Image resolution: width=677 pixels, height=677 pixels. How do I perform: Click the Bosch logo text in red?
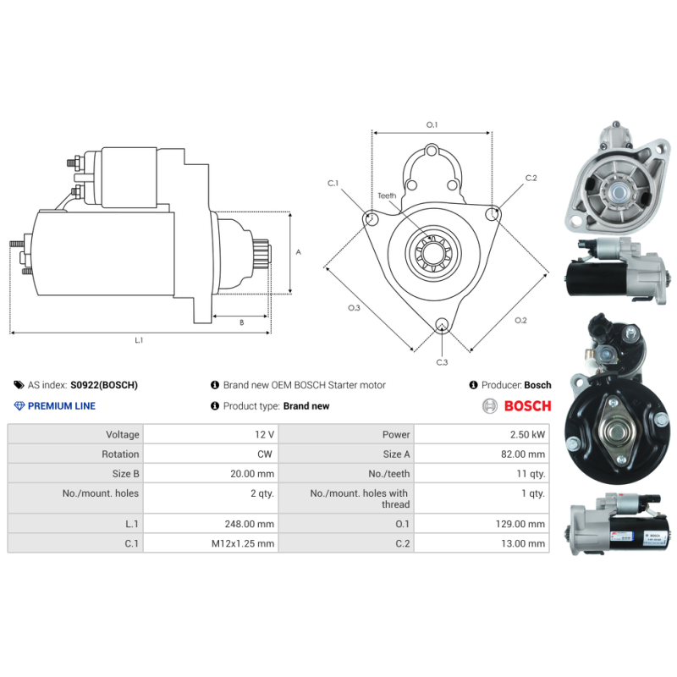click(527, 406)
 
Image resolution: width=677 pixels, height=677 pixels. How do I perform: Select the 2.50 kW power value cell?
click(526, 434)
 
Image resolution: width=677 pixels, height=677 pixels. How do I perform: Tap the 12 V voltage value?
click(264, 434)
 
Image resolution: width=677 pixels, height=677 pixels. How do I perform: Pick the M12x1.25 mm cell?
click(243, 544)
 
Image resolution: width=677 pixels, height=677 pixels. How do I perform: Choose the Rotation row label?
click(120, 454)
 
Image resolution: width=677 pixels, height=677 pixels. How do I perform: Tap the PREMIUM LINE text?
click(62, 406)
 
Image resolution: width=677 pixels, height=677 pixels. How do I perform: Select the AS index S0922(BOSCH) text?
click(103, 385)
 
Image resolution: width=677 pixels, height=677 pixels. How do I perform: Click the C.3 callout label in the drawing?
click(442, 363)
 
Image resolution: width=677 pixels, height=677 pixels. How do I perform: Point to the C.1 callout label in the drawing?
click(333, 183)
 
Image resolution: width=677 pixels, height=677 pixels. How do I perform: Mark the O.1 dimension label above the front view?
click(432, 124)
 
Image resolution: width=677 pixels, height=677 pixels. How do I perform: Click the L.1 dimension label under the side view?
click(139, 340)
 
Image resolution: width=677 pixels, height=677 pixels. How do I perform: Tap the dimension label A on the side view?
click(298, 252)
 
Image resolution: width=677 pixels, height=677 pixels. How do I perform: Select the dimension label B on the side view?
click(241, 322)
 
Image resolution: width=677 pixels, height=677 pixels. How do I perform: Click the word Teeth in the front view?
click(387, 195)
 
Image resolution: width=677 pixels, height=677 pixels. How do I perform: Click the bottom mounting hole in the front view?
click(441, 325)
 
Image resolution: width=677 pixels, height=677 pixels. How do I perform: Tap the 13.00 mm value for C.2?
click(527, 544)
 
